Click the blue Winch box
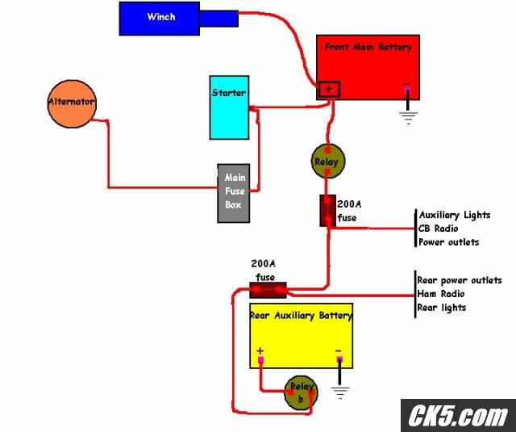[160, 19]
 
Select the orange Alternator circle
[72, 104]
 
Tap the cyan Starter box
[229, 107]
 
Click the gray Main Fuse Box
[234, 193]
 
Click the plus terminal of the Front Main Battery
[329, 89]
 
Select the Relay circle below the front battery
[328, 161]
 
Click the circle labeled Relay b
[301, 392]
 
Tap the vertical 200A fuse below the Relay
[328, 211]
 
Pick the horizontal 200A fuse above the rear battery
[268, 290]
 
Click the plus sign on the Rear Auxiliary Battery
[260, 350]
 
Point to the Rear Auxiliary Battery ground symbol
[340, 392]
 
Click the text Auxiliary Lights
[455, 215]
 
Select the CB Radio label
[438, 229]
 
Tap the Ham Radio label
[441, 294]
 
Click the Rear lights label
[442, 308]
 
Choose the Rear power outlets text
[460, 280]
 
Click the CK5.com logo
[458, 415]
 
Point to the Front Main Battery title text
[368, 47]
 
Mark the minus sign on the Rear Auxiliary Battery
[339, 351]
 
